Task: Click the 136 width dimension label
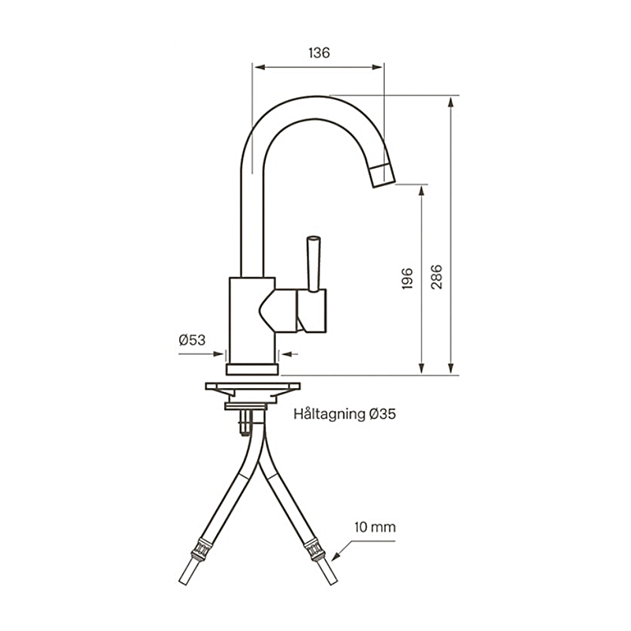319,53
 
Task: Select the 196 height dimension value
408,278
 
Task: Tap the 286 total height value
436,276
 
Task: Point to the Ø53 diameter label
192,340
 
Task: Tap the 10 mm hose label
375,527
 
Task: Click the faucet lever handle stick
313,260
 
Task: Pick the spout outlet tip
381,175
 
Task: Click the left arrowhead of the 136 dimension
257,67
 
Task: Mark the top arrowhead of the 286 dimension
450,103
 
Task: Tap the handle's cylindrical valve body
312,310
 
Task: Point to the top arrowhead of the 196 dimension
422,190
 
